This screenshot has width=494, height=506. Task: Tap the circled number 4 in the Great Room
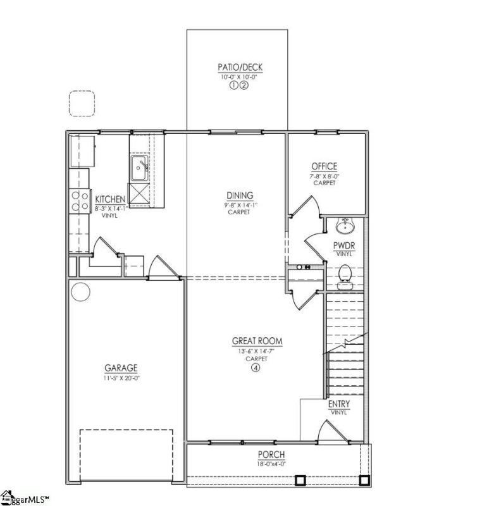pos(256,368)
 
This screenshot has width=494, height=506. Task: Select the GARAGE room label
pos(121,368)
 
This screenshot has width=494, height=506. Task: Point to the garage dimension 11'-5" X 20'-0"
pos(121,378)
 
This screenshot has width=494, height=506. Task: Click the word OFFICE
pos(324,167)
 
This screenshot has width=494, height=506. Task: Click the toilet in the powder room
pos(345,275)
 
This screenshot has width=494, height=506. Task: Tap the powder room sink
pos(345,226)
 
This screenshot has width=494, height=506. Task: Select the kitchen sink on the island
pos(140,168)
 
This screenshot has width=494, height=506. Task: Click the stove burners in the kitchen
pos(80,201)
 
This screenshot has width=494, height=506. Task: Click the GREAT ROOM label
pos(257,342)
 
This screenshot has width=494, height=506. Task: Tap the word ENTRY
pos(339,404)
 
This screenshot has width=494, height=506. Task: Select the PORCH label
pos(271,455)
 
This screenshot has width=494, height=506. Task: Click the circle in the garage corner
pos(80,292)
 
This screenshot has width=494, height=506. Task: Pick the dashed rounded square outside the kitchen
pos(82,104)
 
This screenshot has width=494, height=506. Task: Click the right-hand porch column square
pos(364,481)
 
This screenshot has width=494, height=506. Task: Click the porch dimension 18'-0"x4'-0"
pos(271,464)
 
